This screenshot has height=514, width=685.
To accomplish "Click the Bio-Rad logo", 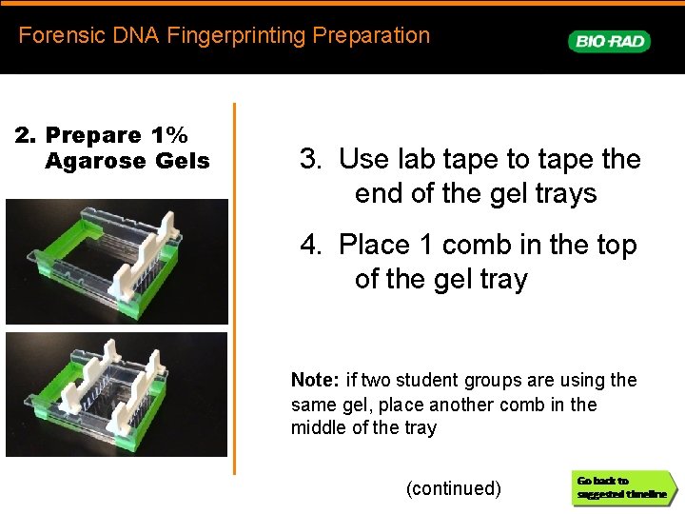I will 609,41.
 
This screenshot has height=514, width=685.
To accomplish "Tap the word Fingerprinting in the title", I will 234,36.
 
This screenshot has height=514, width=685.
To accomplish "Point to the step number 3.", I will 308,159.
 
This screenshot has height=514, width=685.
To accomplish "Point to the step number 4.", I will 308,245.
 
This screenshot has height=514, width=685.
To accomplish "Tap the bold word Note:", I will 315,380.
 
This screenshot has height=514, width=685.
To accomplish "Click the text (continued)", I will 453,488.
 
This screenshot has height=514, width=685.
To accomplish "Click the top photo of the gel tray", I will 117,262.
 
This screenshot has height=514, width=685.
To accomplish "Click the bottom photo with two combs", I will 117,394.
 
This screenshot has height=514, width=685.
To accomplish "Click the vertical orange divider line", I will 234,286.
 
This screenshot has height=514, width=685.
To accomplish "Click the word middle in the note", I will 319,427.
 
